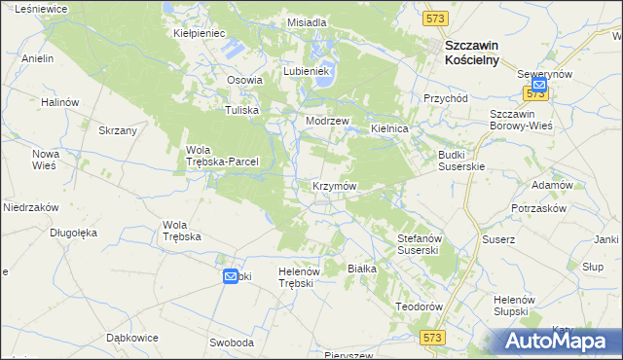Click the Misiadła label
(307, 21)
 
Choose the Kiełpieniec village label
(200, 33)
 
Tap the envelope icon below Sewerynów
(539, 86)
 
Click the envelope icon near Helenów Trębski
(231, 276)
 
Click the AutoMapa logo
(557, 340)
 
